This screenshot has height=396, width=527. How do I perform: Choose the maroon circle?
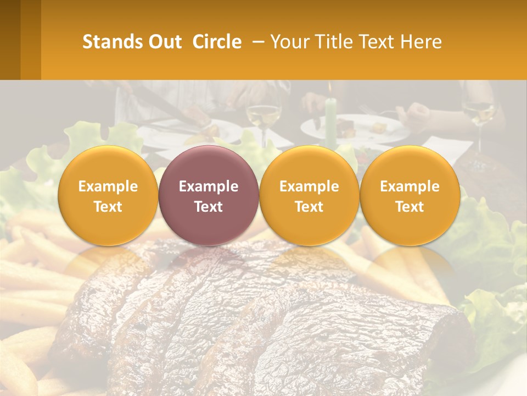209,195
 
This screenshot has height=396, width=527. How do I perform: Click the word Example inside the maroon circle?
209,186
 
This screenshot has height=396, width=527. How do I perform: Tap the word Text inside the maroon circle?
209,207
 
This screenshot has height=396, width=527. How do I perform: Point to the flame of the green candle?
330,88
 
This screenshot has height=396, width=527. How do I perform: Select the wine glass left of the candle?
263,116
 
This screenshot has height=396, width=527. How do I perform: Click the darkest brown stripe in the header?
10,40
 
